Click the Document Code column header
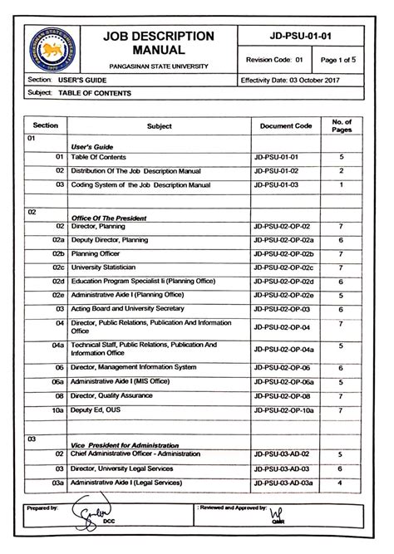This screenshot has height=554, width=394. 285,126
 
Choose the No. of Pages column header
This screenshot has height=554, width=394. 342,125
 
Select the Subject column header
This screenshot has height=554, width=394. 158,126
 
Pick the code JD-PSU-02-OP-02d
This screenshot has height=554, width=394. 284,282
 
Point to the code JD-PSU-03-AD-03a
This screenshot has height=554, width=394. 284,482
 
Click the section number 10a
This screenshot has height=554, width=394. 57,409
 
